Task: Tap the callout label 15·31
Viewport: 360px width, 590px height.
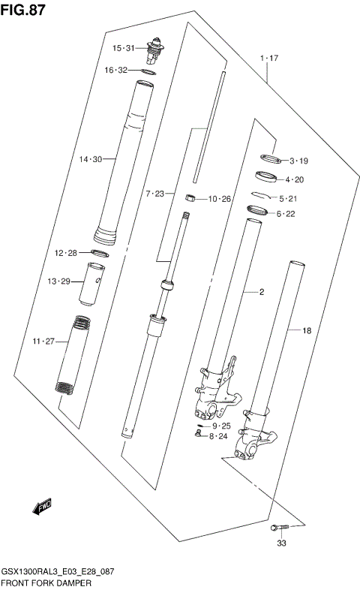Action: click(123, 48)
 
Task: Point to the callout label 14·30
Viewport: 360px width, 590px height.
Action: click(89, 158)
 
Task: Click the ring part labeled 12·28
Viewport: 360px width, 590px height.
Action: click(102, 253)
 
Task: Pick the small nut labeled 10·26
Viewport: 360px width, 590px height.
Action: click(190, 198)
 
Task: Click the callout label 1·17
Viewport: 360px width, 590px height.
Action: click(268, 58)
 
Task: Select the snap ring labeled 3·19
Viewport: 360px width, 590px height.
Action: click(270, 158)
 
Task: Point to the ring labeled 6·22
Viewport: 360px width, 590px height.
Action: click(257, 212)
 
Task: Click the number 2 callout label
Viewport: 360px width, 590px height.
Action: click(262, 292)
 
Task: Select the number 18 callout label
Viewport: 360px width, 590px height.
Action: click(306, 330)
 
